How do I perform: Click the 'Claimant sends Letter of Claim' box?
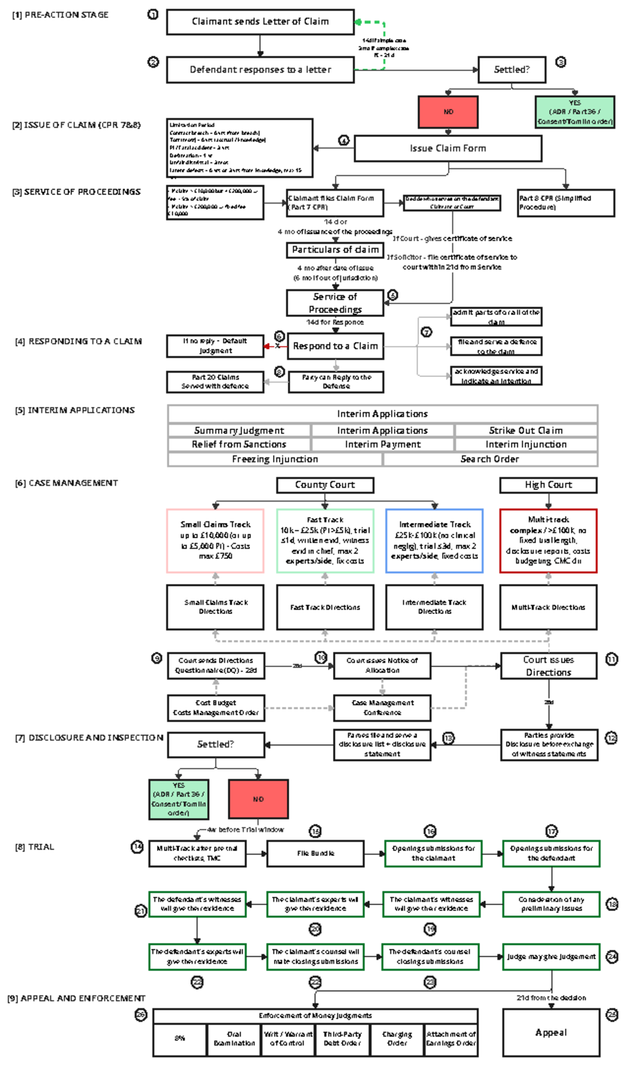(260, 22)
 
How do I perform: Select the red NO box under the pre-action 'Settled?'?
(448, 112)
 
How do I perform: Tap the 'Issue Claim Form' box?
(448, 148)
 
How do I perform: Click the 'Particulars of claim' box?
(335, 250)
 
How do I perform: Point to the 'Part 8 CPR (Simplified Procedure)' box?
(566, 203)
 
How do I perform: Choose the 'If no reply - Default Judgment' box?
(215, 346)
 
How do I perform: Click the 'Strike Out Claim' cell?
(526, 431)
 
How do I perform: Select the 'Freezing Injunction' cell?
(275, 459)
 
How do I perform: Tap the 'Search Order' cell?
(490, 459)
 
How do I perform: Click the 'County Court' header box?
(325, 485)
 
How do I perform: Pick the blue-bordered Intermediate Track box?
(434, 540)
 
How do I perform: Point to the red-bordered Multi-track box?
(548, 540)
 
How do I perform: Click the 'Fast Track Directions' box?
(325, 607)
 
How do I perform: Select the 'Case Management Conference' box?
(382, 707)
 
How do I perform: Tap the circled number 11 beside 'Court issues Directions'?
(612, 659)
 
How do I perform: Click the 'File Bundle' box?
(315, 853)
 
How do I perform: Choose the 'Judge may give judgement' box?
(551, 957)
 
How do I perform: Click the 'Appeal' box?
(551, 1033)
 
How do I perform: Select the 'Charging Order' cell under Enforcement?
(397, 1038)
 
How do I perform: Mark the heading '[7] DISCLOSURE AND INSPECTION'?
(89, 738)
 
